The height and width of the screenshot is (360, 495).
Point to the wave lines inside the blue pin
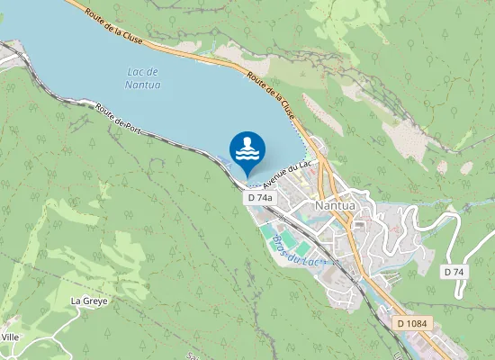tap(247, 155)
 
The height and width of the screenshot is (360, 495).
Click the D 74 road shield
tap(454, 271)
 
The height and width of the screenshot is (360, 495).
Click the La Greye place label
tap(89, 301)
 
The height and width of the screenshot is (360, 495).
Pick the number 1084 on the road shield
tap(418, 322)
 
